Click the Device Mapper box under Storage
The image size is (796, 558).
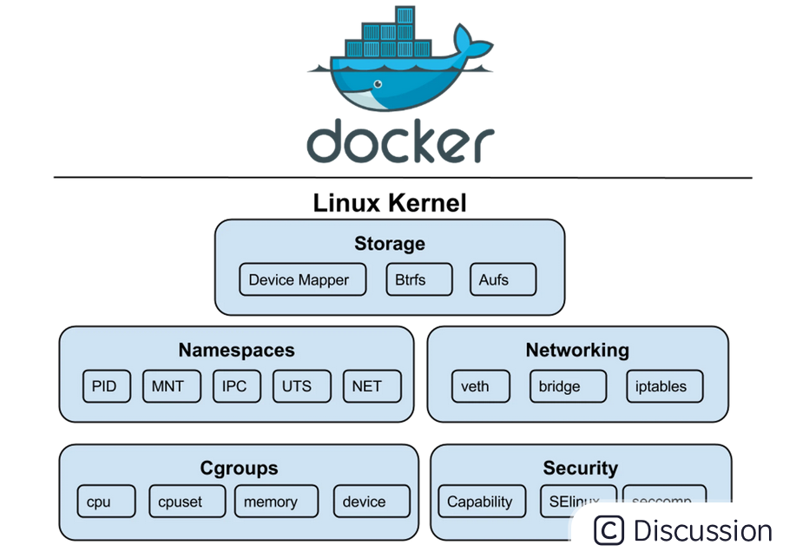coord(299,279)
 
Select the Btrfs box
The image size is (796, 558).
coord(419,279)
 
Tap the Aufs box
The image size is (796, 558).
coord(503,279)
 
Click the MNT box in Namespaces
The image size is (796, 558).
coord(171,386)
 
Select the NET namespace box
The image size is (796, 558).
coord(372,386)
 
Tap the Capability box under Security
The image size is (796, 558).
coord(480,502)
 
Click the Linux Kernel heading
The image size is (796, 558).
coord(390,203)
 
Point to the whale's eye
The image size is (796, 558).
coord(377,84)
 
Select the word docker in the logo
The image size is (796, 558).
coord(400,141)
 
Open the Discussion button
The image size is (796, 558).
coord(683,530)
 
